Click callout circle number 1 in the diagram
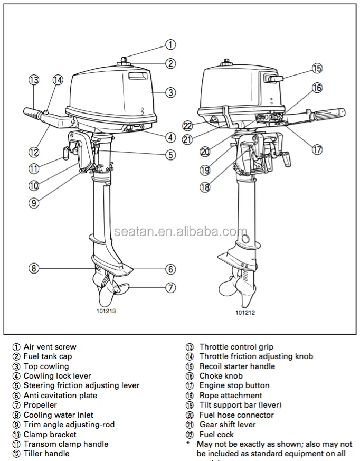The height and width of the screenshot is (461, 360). click(x=170, y=45)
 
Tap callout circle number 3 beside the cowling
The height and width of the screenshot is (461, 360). click(x=170, y=92)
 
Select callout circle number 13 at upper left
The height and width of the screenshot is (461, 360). click(x=34, y=80)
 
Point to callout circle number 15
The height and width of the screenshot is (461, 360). click(x=317, y=68)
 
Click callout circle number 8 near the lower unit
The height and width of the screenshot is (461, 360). click(x=34, y=268)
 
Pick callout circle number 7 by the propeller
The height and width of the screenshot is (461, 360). click(x=170, y=288)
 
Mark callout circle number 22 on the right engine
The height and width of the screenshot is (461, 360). click(x=187, y=126)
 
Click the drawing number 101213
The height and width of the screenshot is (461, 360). click(x=106, y=311)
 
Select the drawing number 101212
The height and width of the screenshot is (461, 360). click(x=245, y=312)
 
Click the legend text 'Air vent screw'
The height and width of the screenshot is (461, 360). click(x=50, y=347)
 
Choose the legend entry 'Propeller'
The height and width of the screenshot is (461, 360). click(x=40, y=405)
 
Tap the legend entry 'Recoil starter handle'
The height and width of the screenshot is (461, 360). click(x=237, y=366)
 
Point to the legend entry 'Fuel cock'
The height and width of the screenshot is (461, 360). click(x=216, y=434)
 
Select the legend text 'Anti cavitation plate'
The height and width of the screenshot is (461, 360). click(x=60, y=396)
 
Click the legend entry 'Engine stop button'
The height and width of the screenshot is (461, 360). click(x=234, y=386)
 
